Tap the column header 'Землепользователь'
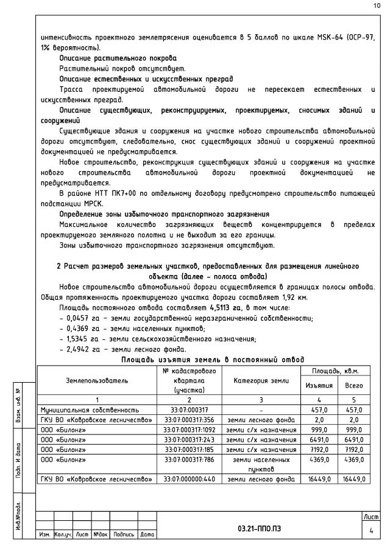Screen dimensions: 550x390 click(97, 380)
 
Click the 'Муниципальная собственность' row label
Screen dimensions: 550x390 click(91, 410)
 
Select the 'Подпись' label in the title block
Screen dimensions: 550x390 click(124, 535)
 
